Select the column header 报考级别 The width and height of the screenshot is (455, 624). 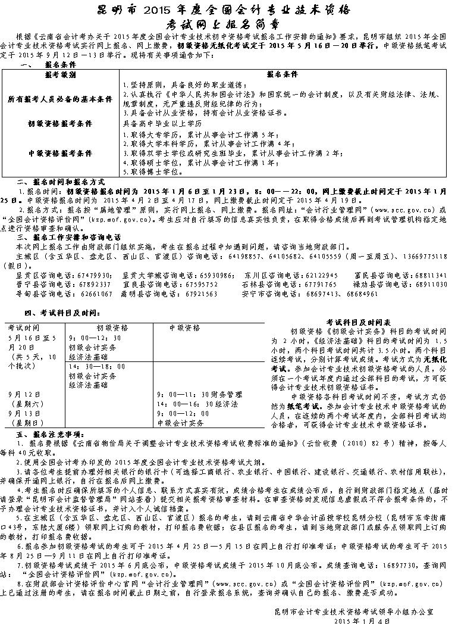pos(60,76)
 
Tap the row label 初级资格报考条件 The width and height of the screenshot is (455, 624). pos(60,124)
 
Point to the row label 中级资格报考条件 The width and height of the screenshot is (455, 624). pos(60,153)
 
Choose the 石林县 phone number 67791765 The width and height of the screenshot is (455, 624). pos(321,285)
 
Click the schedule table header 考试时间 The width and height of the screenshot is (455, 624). pos(24,327)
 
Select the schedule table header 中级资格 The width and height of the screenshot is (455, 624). pos(184,327)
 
